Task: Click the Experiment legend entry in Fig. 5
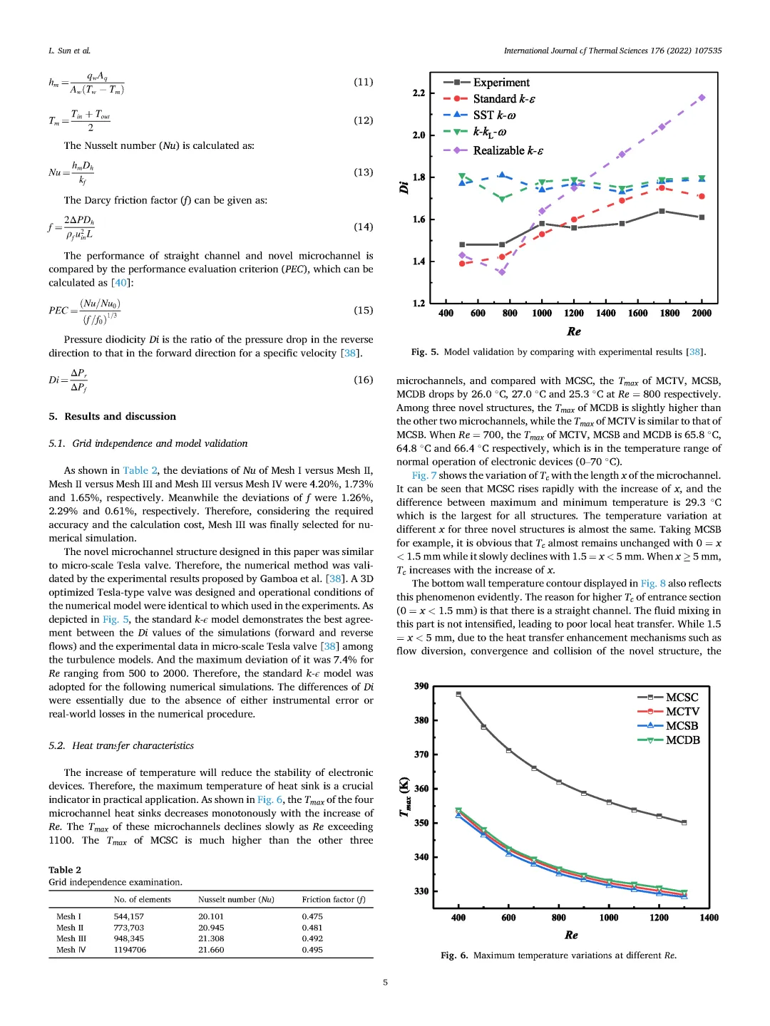[x=501, y=83]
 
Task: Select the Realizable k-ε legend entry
[x=508, y=150]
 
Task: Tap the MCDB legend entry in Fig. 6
[x=682, y=740]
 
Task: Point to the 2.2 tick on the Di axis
[x=419, y=93]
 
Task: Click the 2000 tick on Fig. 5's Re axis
[x=702, y=313]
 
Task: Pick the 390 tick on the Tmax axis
[x=421, y=686]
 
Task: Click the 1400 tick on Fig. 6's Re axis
[x=709, y=918]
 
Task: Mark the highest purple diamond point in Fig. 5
[x=702, y=98]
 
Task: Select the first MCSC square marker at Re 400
[x=458, y=694]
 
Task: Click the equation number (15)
[x=364, y=310]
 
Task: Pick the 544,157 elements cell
[x=129, y=916]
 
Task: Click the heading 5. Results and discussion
[x=112, y=416]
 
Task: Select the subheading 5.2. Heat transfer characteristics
[x=121, y=745]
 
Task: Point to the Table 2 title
[x=65, y=869]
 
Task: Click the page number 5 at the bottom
[x=386, y=983]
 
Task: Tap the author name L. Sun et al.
[x=69, y=51]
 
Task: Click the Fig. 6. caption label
[x=454, y=955]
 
